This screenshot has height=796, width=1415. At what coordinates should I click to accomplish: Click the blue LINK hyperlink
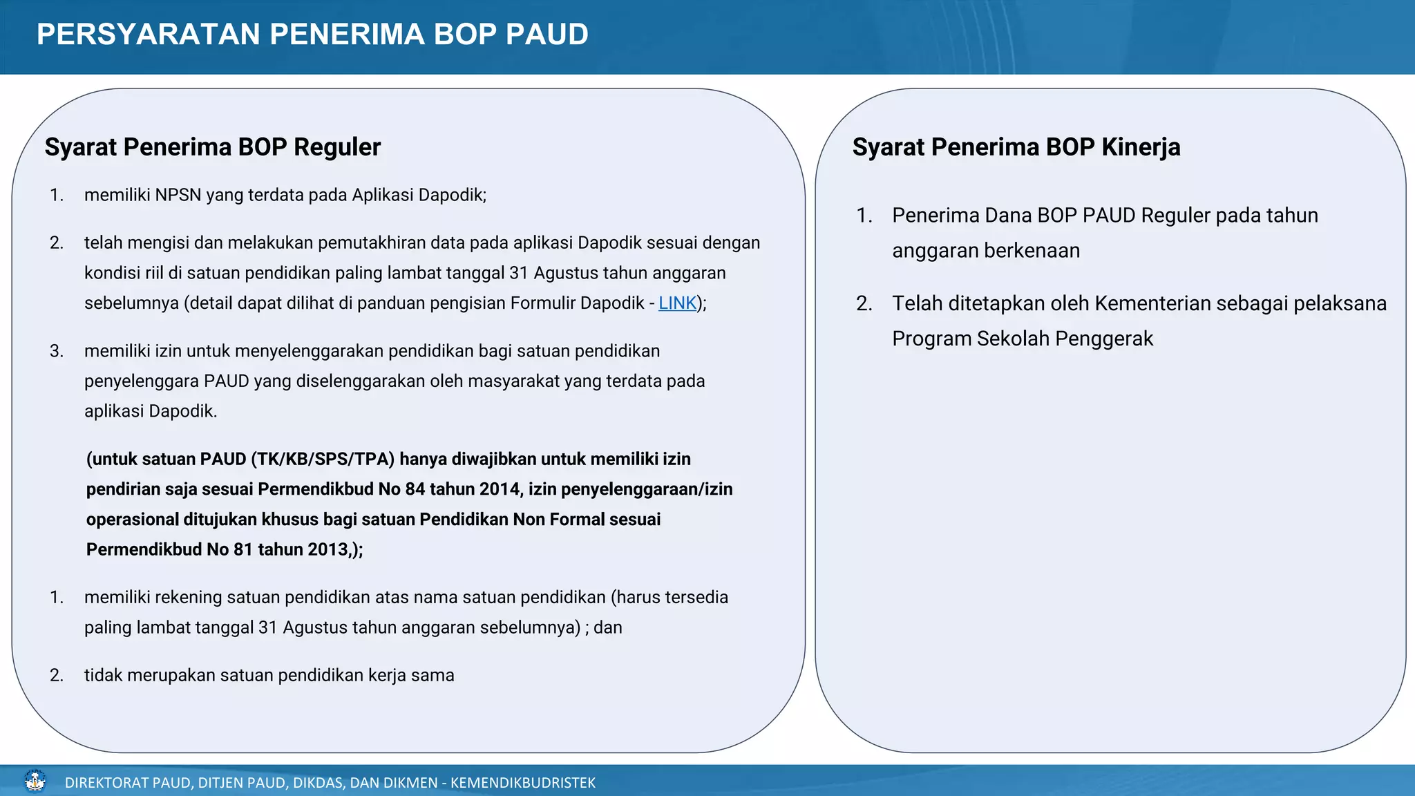pos(677,303)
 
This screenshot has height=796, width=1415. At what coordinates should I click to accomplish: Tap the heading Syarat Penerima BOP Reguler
pos(213,147)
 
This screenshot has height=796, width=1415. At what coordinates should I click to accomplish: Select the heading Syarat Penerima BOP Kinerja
pos(1016,147)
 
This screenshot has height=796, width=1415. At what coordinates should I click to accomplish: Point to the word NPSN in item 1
pos(178,196)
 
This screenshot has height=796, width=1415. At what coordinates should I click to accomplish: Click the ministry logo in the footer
pos(35,781)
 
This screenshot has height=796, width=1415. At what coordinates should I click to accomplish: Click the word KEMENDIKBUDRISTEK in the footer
pos(523,783)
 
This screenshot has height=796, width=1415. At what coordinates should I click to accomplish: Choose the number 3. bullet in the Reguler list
pos(57,352)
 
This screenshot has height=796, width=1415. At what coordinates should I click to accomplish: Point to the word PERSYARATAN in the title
pos(148,35)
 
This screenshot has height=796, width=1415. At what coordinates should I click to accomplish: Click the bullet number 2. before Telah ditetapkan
pos(864,303)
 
